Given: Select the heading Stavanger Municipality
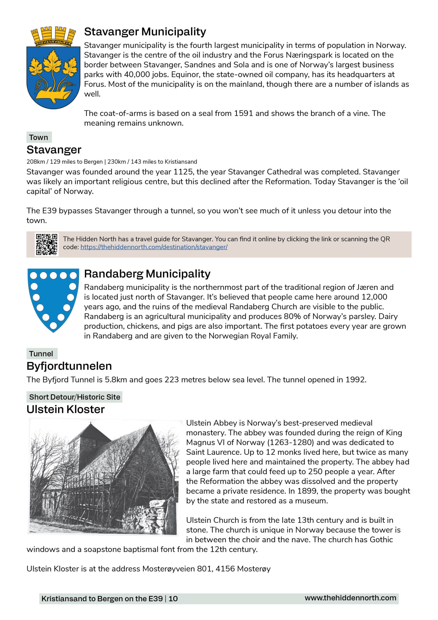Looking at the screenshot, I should (145, 31).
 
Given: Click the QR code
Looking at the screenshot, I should (47, 244).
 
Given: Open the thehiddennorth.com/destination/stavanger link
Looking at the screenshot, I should (154, 247).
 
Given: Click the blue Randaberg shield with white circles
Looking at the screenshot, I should (53, 298).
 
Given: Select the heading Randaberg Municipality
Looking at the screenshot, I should (147, 274).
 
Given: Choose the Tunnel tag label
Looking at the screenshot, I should (41, 354).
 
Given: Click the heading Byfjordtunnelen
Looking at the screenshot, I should (69, 366).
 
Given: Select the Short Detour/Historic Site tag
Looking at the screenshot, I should (75, 397).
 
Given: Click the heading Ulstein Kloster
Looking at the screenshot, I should (65, 409).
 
